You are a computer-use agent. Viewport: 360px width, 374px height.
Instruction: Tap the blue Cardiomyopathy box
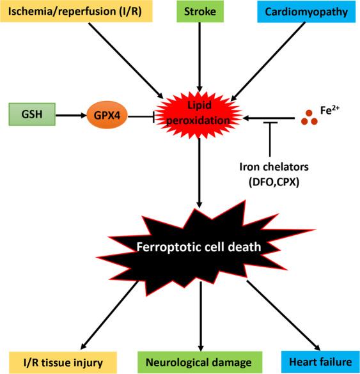[305, 12]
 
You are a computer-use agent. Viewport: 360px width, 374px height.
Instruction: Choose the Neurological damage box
[201, 362]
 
